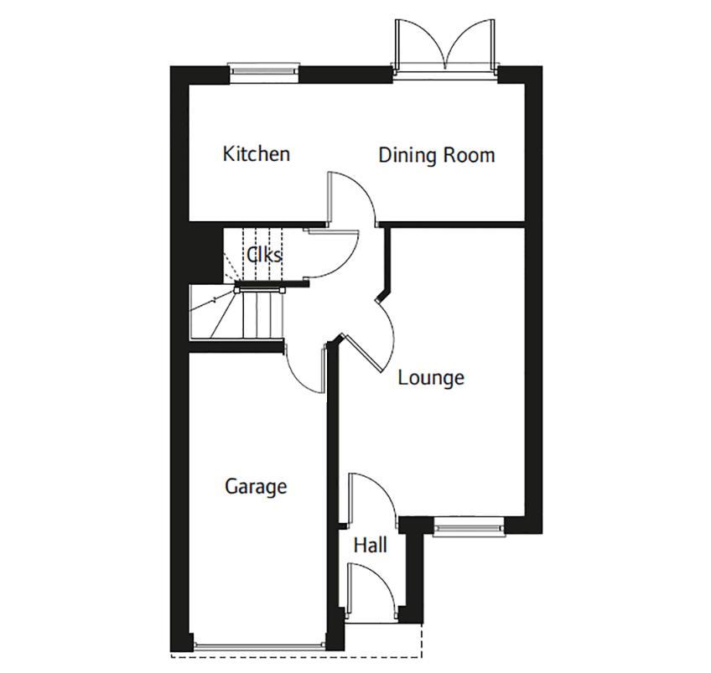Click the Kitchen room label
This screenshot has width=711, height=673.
pyautogui.click(x=257, y=154)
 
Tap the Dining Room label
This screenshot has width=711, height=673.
pyautogui.click(x=436, y=155)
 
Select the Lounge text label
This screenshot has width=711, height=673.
pyautogui.click(x=431, y=378)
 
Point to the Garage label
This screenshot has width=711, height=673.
pyautogui.click(x=256, y=487)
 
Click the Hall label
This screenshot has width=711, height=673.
pyautogui.click(x=370, y=546)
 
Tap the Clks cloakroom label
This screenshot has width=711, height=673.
pyautogui.click(x=264, y=254)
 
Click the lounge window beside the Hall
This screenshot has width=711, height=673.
pyautogui.click(x=469, y=527)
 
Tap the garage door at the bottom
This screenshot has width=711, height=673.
pyautogui.click(x=258, y=645)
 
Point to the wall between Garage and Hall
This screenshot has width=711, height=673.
pyautogui.click(x=333, y=503)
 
